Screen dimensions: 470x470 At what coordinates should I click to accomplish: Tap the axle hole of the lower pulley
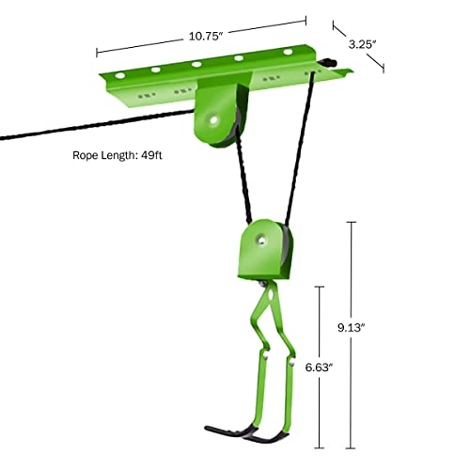(x=254, y=243)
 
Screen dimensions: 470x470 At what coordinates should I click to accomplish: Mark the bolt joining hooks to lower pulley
(x=265, y=286)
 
